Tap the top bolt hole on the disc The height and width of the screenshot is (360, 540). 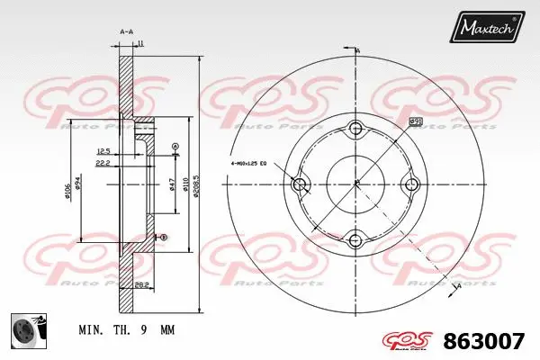tap(356, 128)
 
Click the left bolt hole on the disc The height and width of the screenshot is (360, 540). tap(301, 184)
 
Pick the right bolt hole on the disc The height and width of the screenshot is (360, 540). tap(412, 184)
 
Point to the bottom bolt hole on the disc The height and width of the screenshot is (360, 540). tap(356, 240)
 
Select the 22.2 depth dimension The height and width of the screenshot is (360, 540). tap(103, 164)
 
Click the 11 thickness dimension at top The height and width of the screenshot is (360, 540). tap(141, 44)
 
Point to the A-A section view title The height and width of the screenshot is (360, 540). tap(126, 31)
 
